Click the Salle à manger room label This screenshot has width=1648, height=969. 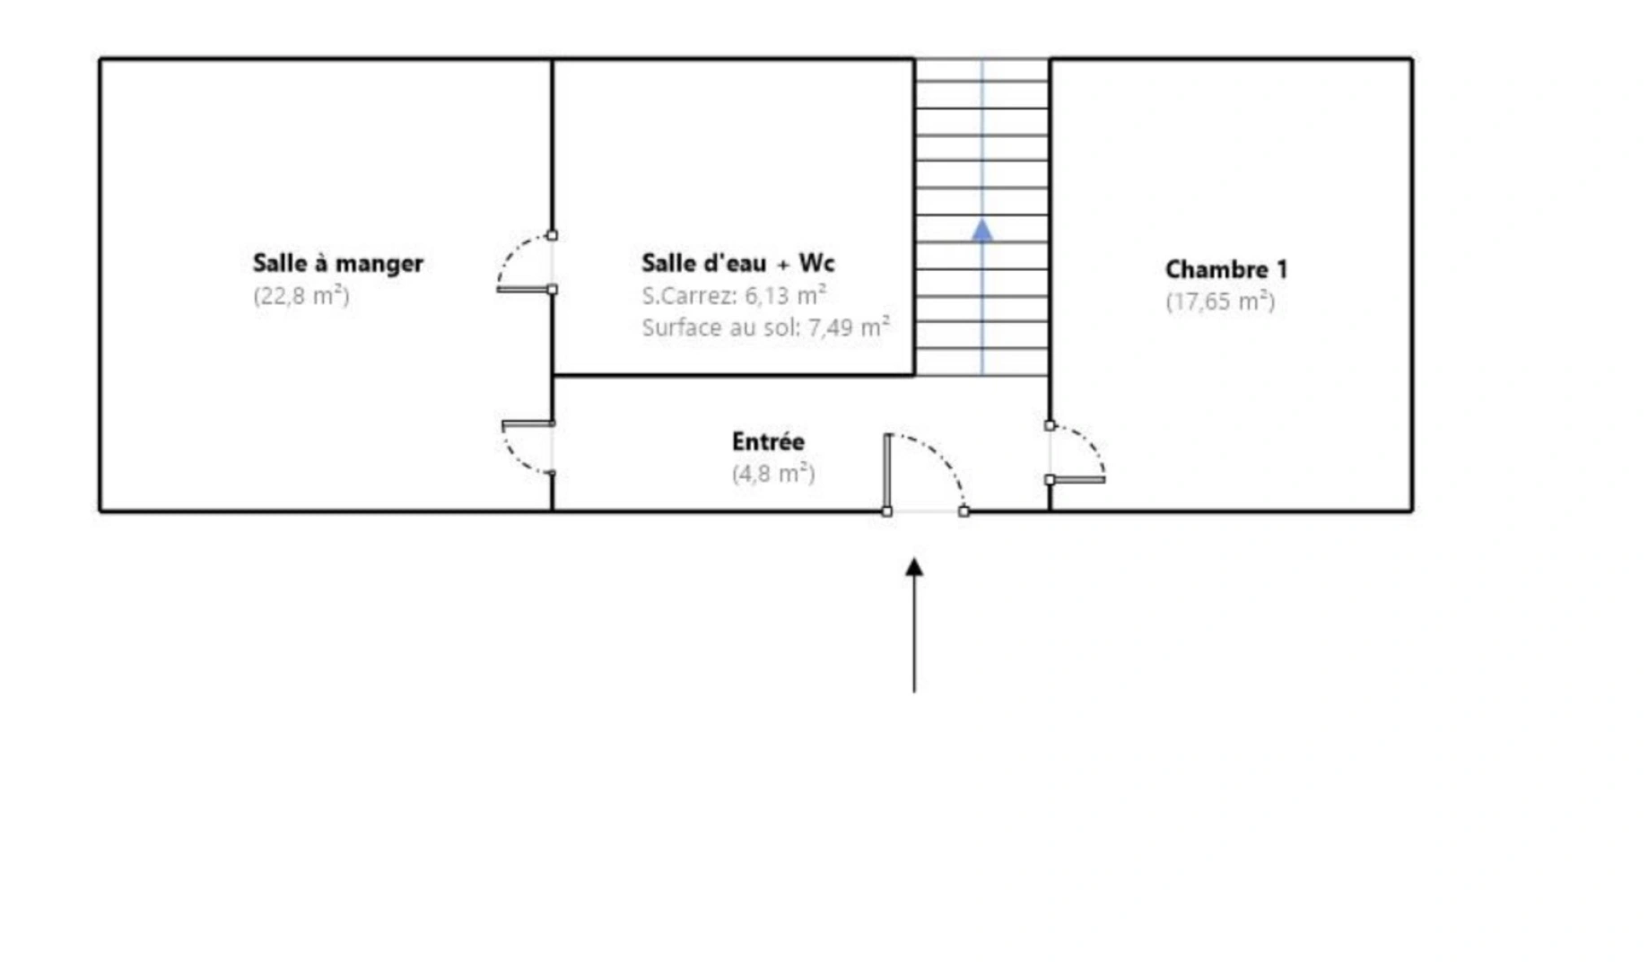click(337, 264)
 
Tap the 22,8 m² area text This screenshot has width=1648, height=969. click(301, 295)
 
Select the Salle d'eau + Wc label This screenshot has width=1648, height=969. click(737, 263)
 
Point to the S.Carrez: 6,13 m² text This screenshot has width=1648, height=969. click(734, 295)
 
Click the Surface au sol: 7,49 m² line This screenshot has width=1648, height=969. click(765, 327)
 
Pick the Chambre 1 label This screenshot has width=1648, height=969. click(1225, 269)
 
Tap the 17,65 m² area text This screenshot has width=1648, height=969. click(1220, 301)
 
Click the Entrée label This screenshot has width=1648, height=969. click(768, 441)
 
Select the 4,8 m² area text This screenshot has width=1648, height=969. click(773, 473)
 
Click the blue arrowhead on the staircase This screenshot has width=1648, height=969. click(982, 231)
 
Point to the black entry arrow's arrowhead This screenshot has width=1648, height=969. click(914, 567)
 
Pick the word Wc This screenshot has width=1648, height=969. click(816, 263)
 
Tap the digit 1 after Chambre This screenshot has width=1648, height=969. click(1281, 269)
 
